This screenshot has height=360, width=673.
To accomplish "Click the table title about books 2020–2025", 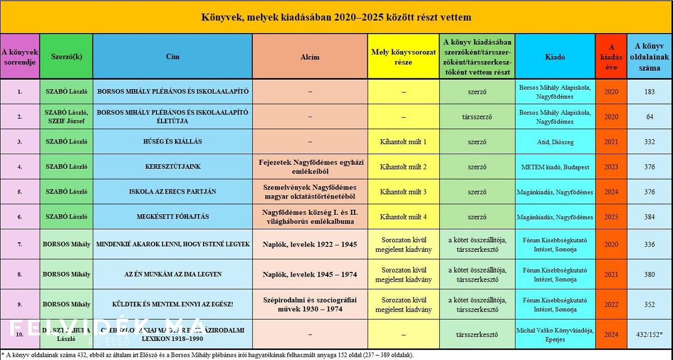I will [x=336, y=17].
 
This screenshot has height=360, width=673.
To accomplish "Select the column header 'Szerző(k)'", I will [x=66, y=57].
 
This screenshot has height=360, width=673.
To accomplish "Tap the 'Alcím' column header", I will [x=310, y=57].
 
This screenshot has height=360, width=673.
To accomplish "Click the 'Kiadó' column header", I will [x=555, y=57].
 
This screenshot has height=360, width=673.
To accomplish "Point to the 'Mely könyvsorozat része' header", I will [x=403, y=57].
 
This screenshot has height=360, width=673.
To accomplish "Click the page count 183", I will [x=649, y=91].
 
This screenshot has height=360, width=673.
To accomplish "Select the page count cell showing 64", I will [x=649, y=117].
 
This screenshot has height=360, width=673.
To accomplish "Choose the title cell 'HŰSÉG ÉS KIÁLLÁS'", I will [x=172, y=142].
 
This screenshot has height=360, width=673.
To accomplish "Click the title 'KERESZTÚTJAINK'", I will [x=172, y=167].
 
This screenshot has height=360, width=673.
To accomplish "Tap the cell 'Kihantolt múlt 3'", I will [x=403, y=192].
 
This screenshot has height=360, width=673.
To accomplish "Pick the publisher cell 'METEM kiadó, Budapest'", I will [x=555, y=167].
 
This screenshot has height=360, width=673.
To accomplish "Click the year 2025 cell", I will [x=611, y=217].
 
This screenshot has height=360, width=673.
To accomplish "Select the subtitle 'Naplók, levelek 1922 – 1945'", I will [x=310, y=244].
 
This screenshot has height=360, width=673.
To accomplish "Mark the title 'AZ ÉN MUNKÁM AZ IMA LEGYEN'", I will [x=172, y=274].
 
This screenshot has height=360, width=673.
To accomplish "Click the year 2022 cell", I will [x=611, y=304].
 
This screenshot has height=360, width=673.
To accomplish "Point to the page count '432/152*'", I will [x=649, y=334].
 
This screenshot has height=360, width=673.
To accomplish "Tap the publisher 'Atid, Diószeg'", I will [x=555, y=142].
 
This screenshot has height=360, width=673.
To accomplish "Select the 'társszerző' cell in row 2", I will [x=477, y=117].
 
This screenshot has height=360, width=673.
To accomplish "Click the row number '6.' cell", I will [x=20, y=217].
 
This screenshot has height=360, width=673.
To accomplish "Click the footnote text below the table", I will [x=208, y=354].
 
